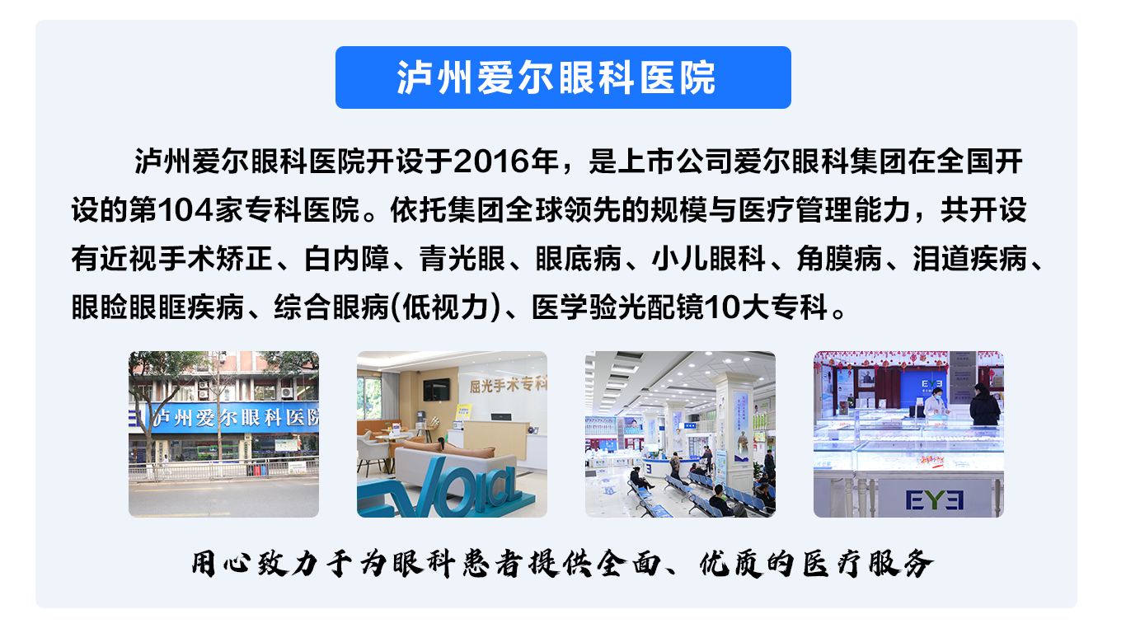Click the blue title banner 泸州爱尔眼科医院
point(563,77)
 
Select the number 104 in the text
point(185,209)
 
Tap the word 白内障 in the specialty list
point(347,259)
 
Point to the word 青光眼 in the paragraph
point(462,259)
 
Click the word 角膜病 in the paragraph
point(839,259)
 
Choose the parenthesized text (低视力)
point(445,307)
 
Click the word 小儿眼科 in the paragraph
point(709,259)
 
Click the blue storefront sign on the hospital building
point(223,417)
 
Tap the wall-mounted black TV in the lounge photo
point(436,390)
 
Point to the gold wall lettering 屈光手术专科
point(508,385)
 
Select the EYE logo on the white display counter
point(935,499)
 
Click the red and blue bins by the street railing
point(257,471)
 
